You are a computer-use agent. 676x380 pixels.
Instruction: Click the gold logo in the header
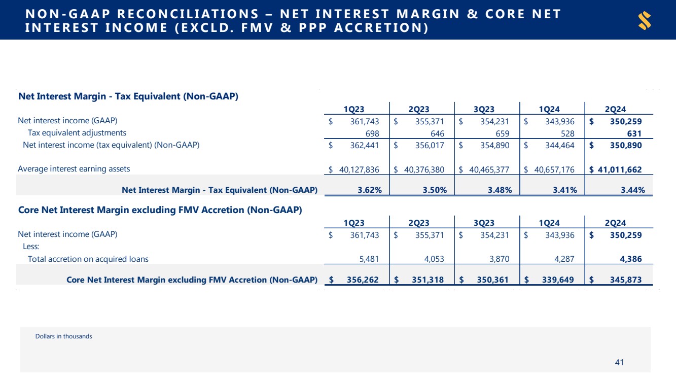[645, 21]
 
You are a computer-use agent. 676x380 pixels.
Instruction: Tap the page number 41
[619, 362]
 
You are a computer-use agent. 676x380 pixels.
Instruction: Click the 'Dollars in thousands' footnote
[64, 336]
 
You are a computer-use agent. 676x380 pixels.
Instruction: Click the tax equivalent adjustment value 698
[369, 133]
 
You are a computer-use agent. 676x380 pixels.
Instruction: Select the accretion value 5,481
[368, 259]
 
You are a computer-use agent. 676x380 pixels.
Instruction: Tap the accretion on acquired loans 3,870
[499, 259]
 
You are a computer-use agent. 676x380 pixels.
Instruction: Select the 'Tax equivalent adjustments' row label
[77, 133]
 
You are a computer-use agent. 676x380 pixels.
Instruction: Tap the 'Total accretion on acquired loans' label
[88, 259]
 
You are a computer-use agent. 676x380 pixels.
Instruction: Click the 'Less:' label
[32, 247]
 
